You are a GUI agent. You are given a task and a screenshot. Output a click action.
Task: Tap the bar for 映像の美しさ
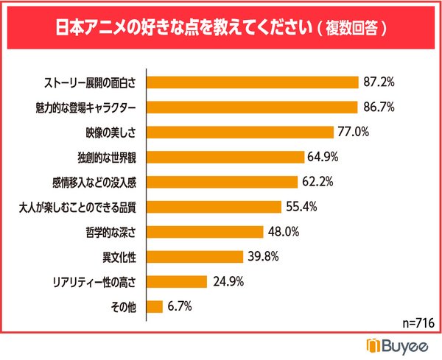(239, 132)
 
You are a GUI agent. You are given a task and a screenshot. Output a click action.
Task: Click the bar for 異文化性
(195, 257)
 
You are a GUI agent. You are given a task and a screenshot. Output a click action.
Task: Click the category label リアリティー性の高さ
(95, 282)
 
